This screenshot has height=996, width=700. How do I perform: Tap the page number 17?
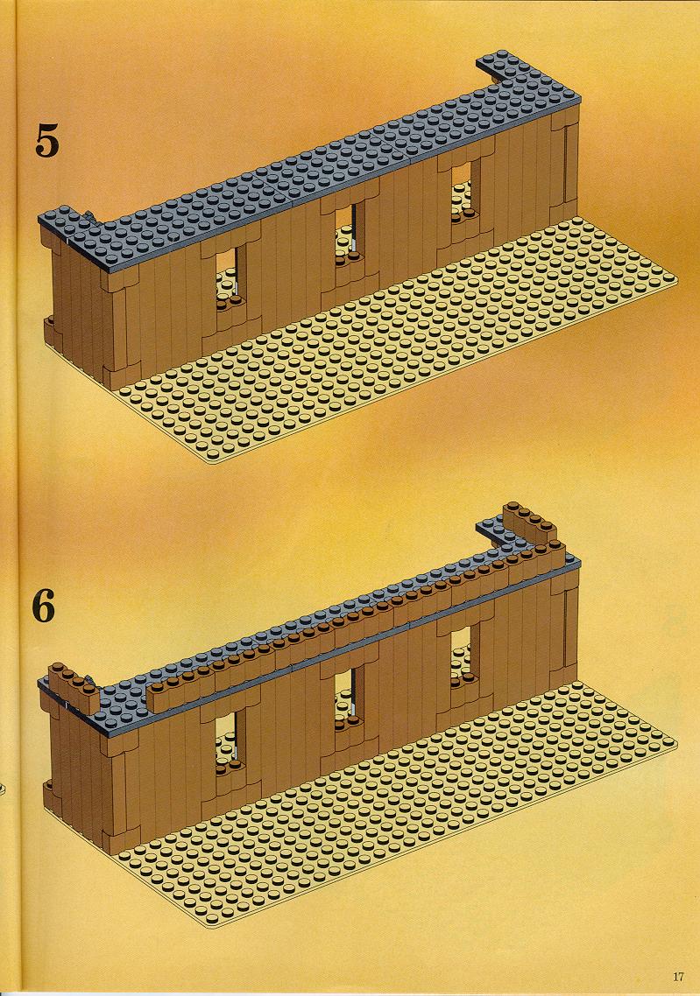click(x=678, y=977)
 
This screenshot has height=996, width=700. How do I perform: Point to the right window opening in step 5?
click(x=463, y=193)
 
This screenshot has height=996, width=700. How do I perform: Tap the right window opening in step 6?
click(x=463, y=656)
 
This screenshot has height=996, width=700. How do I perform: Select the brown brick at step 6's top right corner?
click(x=530, y=524)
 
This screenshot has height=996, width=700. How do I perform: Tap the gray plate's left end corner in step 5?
click(x=40, y=218)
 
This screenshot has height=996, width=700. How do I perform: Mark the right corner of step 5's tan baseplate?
click(x=676, y=278)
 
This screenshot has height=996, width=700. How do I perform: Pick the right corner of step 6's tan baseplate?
click(x=676, y=742)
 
